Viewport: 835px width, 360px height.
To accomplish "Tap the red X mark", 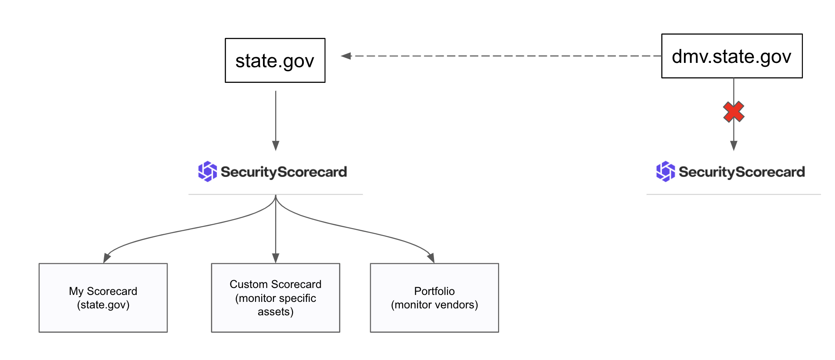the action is [x=733, y=112].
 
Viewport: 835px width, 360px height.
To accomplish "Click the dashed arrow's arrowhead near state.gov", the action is [x=346, y=56].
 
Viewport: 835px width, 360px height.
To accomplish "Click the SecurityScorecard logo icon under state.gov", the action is [x=207, y=172].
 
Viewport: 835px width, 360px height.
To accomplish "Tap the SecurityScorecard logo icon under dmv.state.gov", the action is [x=665, y=172].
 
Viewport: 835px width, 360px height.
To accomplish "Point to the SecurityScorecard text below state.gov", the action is [x=284, y=172].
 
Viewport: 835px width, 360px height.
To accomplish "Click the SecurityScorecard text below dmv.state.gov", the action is [x=742, y=172].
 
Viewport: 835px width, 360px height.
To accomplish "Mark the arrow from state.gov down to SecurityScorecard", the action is [x=276, y=121].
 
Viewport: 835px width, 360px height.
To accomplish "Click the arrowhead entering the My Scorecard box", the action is [x=106, y=258].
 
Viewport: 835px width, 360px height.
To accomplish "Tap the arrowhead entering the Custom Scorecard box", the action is [x=276, y=258].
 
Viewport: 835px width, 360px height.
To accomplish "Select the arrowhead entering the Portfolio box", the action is [x=431, y=258].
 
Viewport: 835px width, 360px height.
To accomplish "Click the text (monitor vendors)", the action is [x=434, y=305].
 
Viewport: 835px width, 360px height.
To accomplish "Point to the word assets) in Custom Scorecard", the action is [x=276, y=312].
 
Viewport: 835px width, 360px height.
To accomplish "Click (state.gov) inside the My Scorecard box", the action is [x=103, y=305].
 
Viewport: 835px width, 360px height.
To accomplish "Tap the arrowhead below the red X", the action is [x=734, y=146].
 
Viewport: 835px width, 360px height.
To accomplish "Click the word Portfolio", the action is [x=434, y=291].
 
